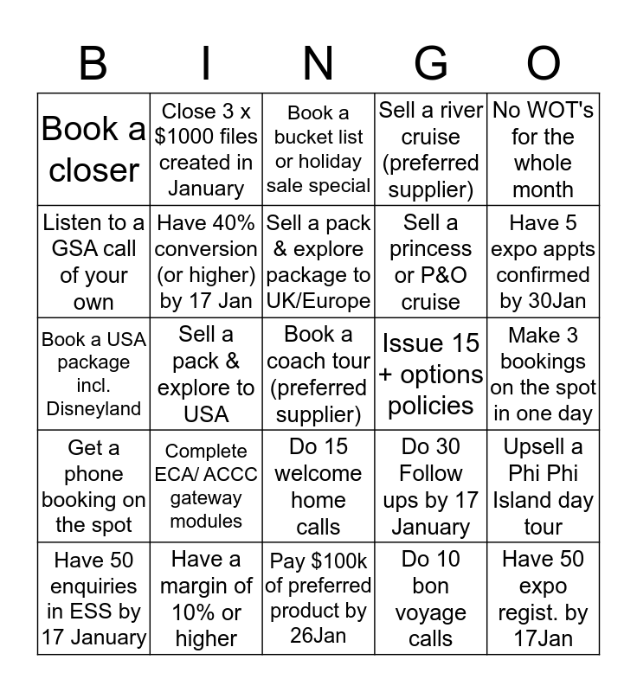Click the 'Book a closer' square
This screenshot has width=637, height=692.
pyautogui.click(x=93, y=149)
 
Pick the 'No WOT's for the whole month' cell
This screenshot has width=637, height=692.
pyautogui.click(x=544, y=149)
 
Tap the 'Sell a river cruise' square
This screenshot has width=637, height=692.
pyautogui.click(x=430, y=149)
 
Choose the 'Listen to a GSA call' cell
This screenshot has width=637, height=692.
pyautogui.click(x=93, y=261)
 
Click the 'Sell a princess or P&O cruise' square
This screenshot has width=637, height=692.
pyautogui.click(x=430, y=261)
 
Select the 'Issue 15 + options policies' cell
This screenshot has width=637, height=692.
pyautogui.click(x=430, y=374)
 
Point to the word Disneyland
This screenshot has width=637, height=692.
pyautogui.click(x=93, y=408)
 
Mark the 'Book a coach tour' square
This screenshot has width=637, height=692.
pyautogui.click(x=318, y=374)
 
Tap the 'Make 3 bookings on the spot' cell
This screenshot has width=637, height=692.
pyautogui.click(x=544, y=374)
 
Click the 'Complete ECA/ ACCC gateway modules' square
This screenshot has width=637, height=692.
pyautogui.click(x=206, y=485)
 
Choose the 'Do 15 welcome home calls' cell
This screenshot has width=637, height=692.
pyautogui.click(x=318, y=485)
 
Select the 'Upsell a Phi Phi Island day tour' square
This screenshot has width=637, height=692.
pyautogui.click(x=544, y=485)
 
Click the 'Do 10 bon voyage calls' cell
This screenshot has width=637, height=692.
pyautogui.click(x=430, y=598)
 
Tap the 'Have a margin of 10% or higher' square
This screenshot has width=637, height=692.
pyautogui.click(x=206, y=598)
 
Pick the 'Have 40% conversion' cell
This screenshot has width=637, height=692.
pyautogui.click(x=206, y=261)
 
